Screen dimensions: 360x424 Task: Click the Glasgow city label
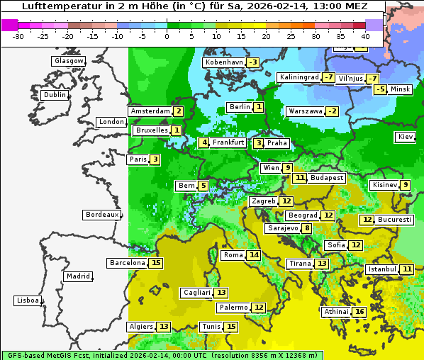click(69, 61)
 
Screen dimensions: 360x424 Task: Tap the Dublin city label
click(55, 95)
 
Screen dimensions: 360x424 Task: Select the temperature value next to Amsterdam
click(179, 111)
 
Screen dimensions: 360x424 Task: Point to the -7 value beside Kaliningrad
click(328, 77)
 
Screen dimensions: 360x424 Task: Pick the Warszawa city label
click(306, 111)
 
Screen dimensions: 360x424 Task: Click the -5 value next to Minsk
click(380, 89)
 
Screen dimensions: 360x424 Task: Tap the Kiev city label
click(406, 137)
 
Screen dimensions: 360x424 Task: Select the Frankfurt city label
click(228, 142)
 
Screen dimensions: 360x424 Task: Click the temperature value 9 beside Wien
click(287, 168)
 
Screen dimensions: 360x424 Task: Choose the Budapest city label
click(326, 178)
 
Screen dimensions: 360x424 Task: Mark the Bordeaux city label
click(102, 215)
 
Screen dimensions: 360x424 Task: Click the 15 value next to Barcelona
click(157, 263)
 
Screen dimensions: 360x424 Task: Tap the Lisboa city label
click(28, 300)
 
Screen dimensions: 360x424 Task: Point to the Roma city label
click(233, 255)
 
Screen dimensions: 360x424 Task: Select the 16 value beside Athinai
click(359, 312)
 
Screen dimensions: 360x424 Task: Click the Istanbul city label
click(382, 269)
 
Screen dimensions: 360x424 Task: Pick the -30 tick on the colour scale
click(18, 36)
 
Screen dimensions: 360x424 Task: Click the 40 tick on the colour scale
click(365, 36)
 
